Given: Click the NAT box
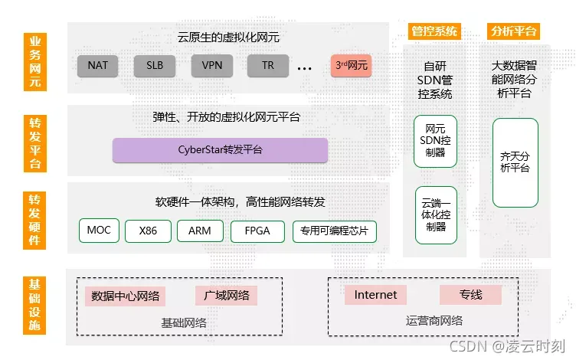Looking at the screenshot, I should click(x=98, y=65).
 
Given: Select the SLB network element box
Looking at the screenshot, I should click(x=155, y=65).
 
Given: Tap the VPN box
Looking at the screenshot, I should click(x=211, y=65).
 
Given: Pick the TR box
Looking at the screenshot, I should click(x=268, y=65).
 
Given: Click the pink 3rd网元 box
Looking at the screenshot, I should click(x=352, y=65).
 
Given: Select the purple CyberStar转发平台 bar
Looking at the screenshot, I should click(x=220, y=150).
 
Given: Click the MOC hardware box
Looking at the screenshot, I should click(x=99, y=231).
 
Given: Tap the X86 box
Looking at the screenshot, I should click(x=149, y=231).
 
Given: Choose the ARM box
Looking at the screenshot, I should click(x=200, y=231).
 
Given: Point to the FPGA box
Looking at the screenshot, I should click(x=257, y=231).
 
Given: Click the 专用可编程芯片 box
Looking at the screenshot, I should click(x=335, y=231).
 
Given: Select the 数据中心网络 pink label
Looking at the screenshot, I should click(x=126, y=296).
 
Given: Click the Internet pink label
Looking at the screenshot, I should click(x=375, y=295).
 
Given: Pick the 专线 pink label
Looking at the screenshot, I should click(x=470, y=295).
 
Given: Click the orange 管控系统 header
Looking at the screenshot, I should click(x=434, y=31).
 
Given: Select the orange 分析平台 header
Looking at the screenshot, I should click(x=513, y=31).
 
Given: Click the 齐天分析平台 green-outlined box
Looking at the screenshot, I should click(x=515, y=162).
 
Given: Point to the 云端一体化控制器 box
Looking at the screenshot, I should click(x=435, y=215).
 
